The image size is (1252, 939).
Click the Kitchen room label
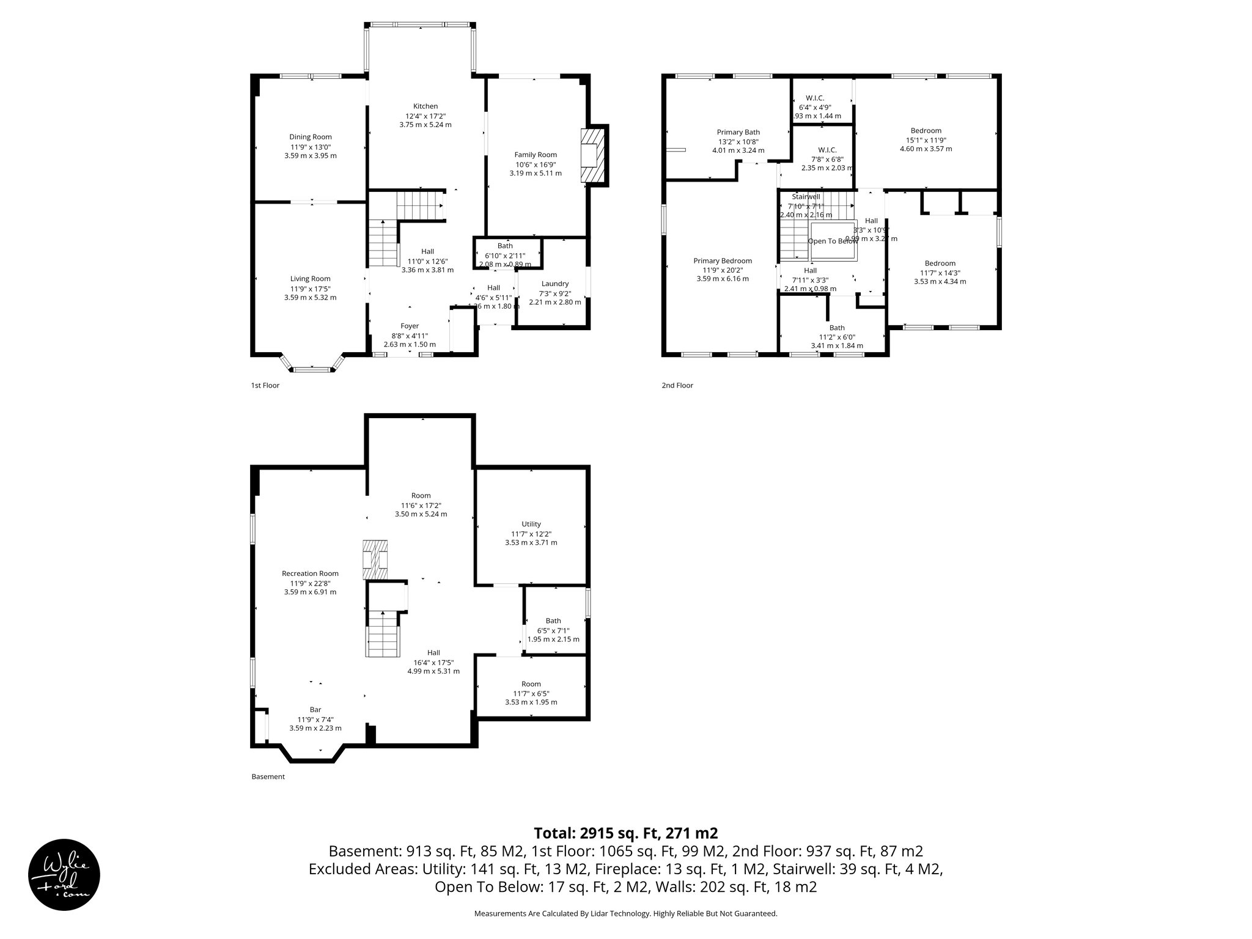[x=425, y=106]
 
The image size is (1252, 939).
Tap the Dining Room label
[x=311, y=137]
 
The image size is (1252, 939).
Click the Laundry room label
[x=555, y=284]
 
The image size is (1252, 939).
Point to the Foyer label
[x=410, y=326]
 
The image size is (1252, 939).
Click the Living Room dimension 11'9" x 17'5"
[x=311, y=289]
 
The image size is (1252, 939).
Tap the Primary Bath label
[x=738, y=132]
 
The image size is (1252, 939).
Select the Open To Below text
[x=833, y=241]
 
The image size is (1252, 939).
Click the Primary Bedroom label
[x=723, y=260]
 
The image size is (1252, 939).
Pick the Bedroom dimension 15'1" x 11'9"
[x=926, y=140]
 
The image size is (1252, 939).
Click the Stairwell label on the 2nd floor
[x=806, y=197]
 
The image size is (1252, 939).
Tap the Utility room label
[x=531, y=524]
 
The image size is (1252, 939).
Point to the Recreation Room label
[x=310, y=573]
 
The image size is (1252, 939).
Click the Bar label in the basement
[x=315, y=710]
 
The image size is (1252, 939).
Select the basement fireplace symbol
[x=375, y=560]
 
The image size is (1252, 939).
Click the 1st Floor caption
[x=265, y=386]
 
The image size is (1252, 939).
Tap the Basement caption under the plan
[x=268, y=777]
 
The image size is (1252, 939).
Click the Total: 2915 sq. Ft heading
[x=625, y=833]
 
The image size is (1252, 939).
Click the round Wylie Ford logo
[x=64, y=874]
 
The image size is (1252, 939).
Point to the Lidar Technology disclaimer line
[x=625, y=913]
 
